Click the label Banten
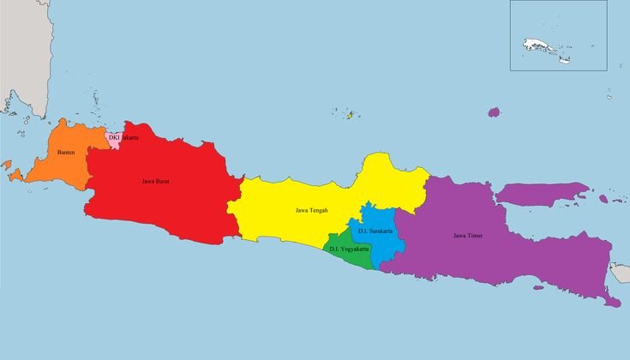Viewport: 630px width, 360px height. point(65,153)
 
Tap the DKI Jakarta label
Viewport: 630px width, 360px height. point(123,137)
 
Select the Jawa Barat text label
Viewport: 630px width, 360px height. point(155,181)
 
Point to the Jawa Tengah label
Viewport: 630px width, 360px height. point(311,210)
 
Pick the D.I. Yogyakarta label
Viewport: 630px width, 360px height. point(349,249)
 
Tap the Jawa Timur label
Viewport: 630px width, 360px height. point(468,235)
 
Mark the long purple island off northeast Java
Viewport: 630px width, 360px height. point(540,194)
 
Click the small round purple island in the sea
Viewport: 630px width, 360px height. point(494,112)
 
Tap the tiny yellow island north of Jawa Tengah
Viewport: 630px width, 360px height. point(349,114)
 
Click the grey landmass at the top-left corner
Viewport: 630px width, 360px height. point(17,51)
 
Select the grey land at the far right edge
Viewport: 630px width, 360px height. point(621,273)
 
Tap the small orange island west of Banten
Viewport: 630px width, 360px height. point(15,176)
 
